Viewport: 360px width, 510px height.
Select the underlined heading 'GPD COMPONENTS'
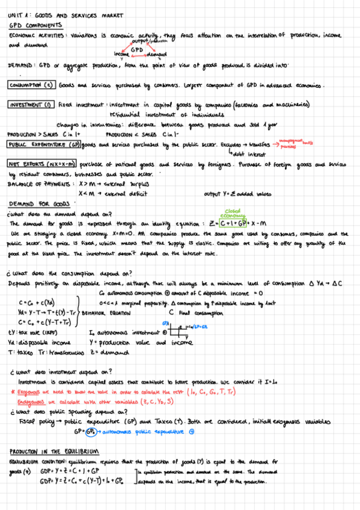click(x=35, y=26)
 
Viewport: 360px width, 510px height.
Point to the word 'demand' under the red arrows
click(x=157, y=54)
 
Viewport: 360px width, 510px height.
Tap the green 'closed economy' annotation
click(x=233, y=214)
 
